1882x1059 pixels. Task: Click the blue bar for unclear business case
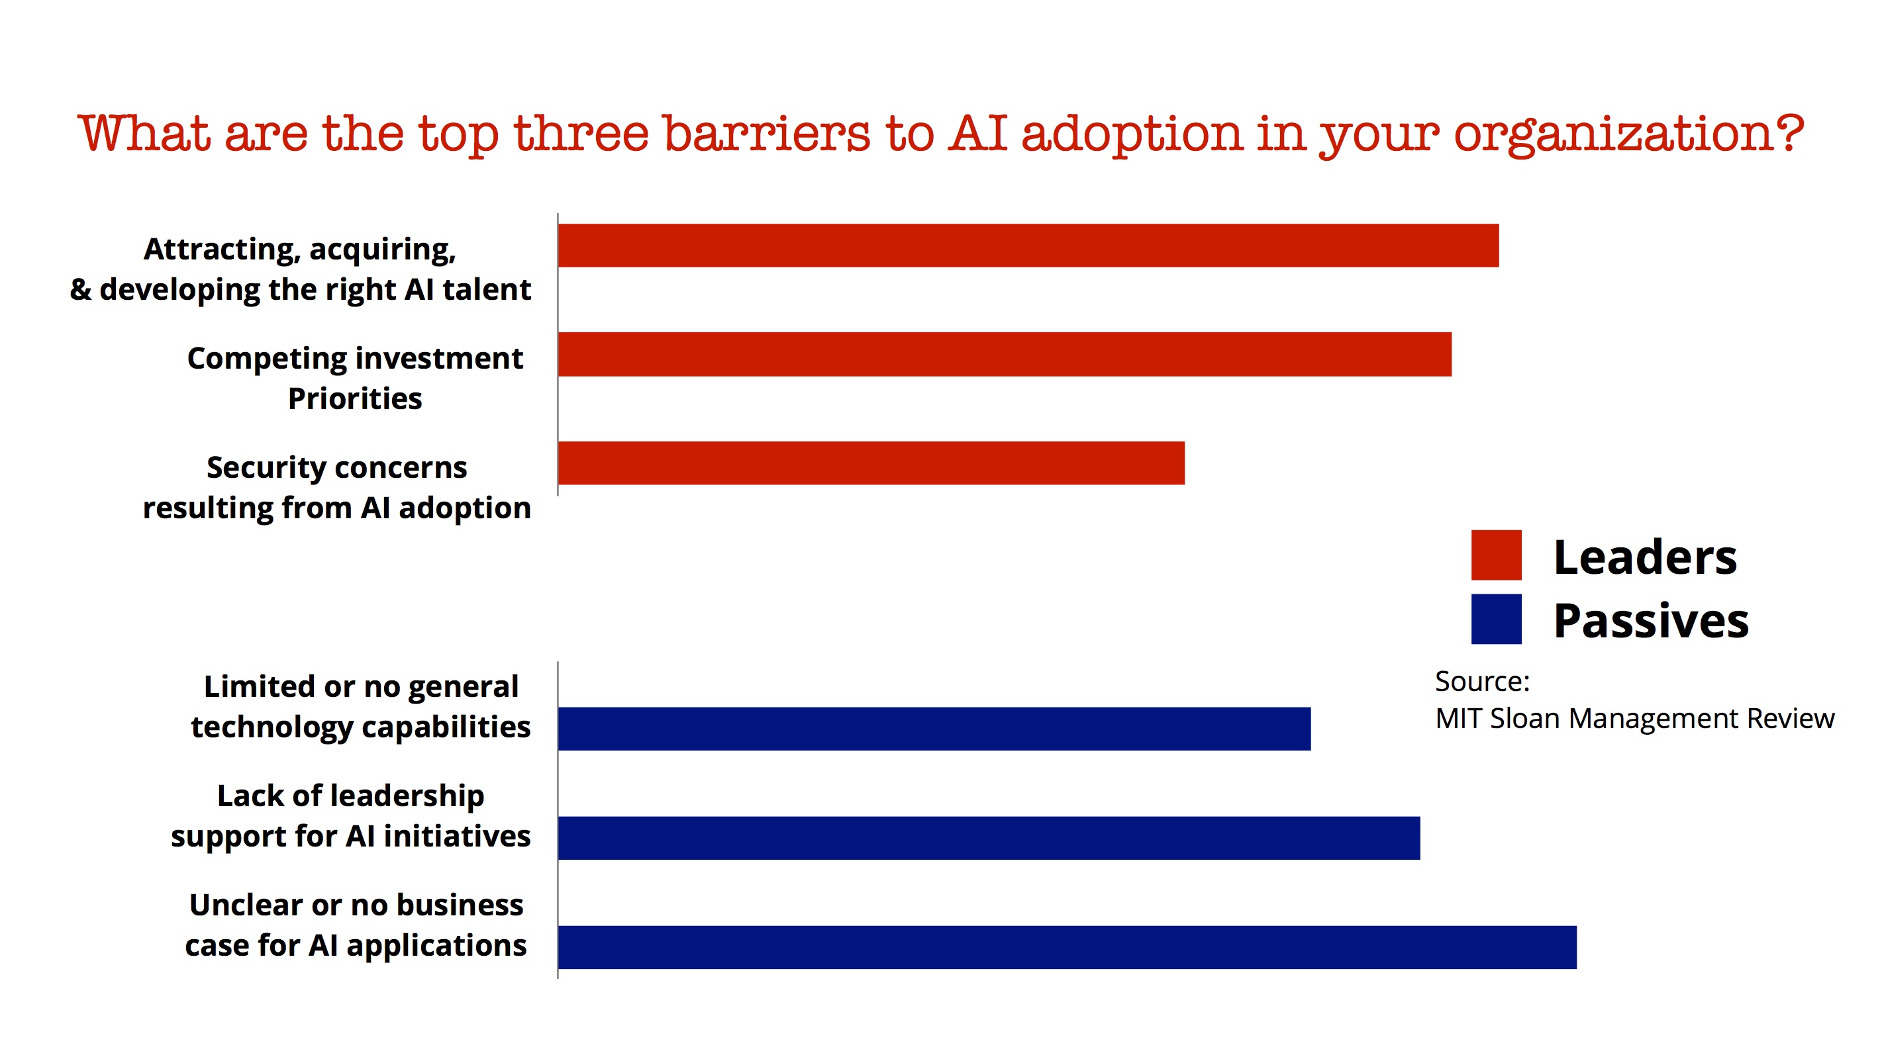(x=1067, y=947)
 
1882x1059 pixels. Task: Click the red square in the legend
(x=1495, y=555)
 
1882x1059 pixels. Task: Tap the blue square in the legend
(x=1495, y=620)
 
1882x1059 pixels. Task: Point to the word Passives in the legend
(x=1650, y=622)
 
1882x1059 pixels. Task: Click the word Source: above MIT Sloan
(x=1481, y=682)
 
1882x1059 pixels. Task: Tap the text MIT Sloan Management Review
(x=1634, y=719)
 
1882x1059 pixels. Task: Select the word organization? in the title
(x=1628, y=135)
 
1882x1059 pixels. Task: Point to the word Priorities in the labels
(x=355, y=398)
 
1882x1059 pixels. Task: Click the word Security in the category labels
(x=256, y=468)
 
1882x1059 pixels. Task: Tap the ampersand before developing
(x=81, y=290)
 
